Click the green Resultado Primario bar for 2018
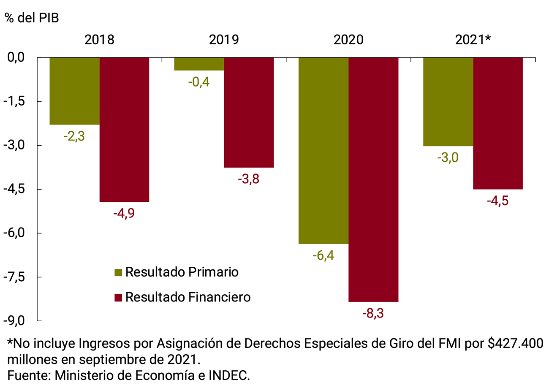tap(75, 91)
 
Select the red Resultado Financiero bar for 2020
tap(373, 179)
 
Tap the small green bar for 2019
tap(199, 64)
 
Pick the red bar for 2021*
tap(498, 123)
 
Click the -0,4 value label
tap(199, 81)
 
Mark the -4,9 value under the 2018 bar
tap(124, 214)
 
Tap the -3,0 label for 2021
tap(448, 157)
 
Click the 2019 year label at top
tap(224, 40)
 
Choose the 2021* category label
tap(473, 40)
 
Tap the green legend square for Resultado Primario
tap(118, 272)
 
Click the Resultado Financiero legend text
tap(188, 297)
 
